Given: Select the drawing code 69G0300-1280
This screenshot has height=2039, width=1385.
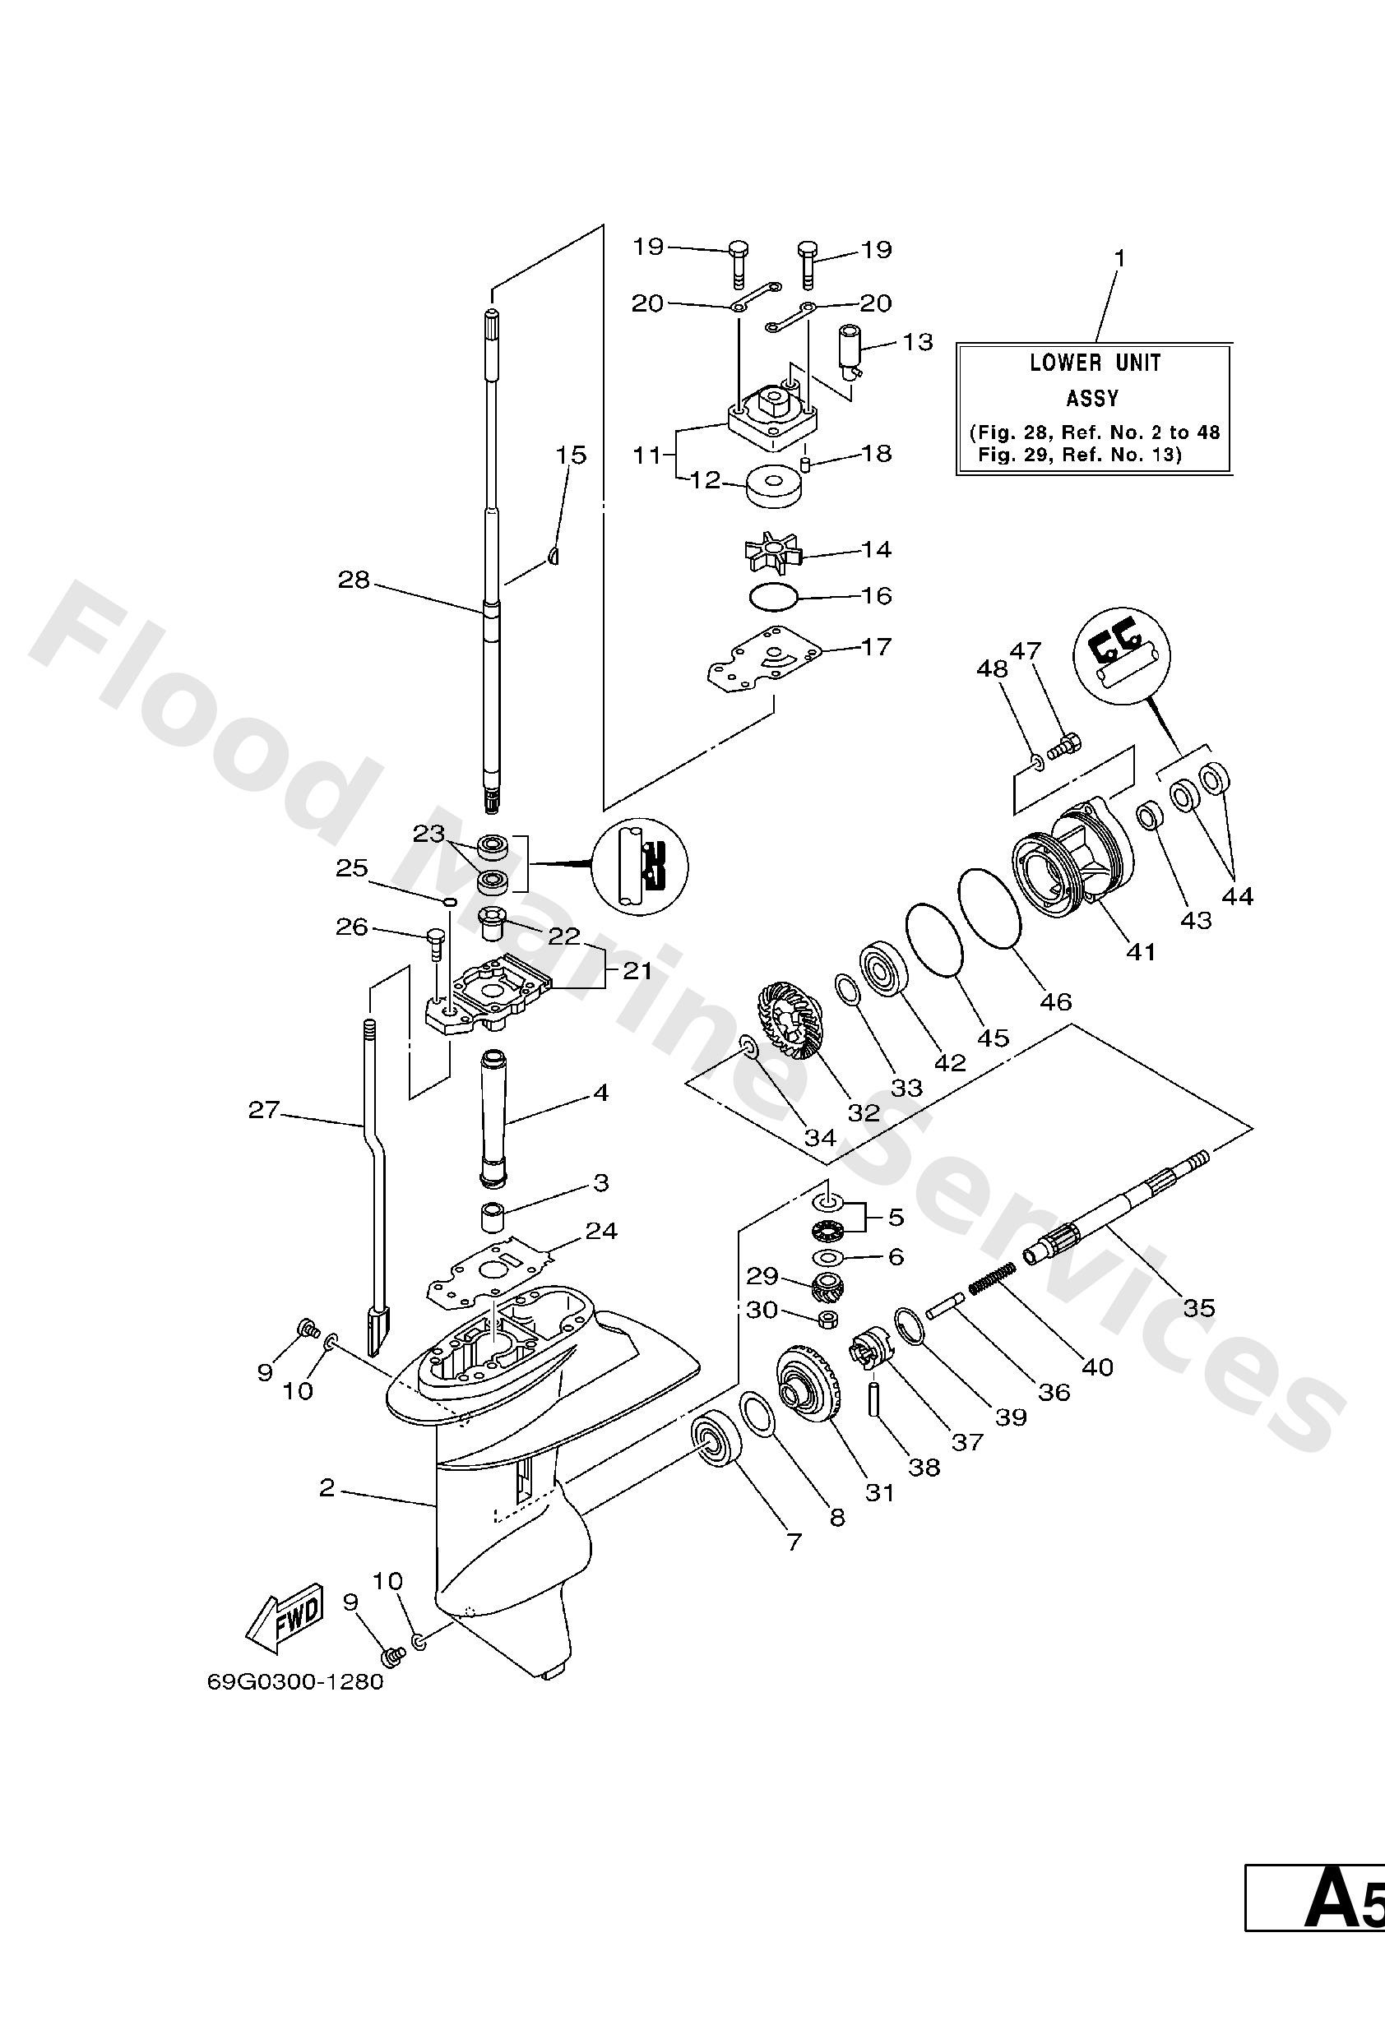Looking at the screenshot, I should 296,1683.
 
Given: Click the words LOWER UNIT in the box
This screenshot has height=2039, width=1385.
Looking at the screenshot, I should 1095,363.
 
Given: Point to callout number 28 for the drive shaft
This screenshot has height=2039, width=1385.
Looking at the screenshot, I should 354,580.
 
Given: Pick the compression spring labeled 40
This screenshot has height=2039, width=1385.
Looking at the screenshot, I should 992,1275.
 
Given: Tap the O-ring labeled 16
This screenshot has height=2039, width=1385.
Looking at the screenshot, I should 774,596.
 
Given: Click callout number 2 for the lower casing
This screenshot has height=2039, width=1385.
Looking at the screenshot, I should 327,1488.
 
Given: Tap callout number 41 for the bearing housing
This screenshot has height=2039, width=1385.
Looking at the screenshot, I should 1140,950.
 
